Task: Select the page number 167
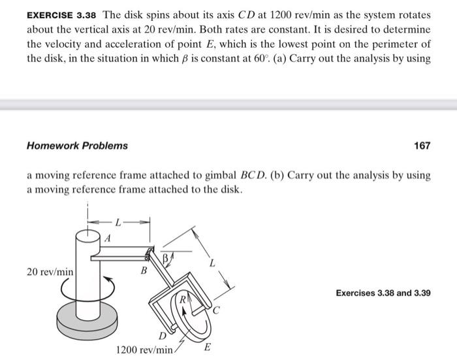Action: point(422,145)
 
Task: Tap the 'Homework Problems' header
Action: point(77,145)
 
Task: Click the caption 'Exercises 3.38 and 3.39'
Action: point(383,293)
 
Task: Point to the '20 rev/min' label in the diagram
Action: point(50,270)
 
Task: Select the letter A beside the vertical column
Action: point(108,239)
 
